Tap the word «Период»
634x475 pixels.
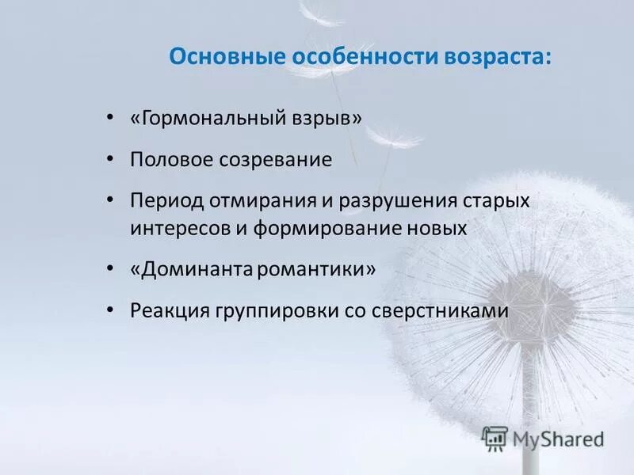click(x=166, y=199)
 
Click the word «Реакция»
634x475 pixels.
click(x=169, y=311)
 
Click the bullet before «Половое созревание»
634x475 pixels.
click(x=109, y=158)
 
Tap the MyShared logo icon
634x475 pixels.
click(x=495, y=439)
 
